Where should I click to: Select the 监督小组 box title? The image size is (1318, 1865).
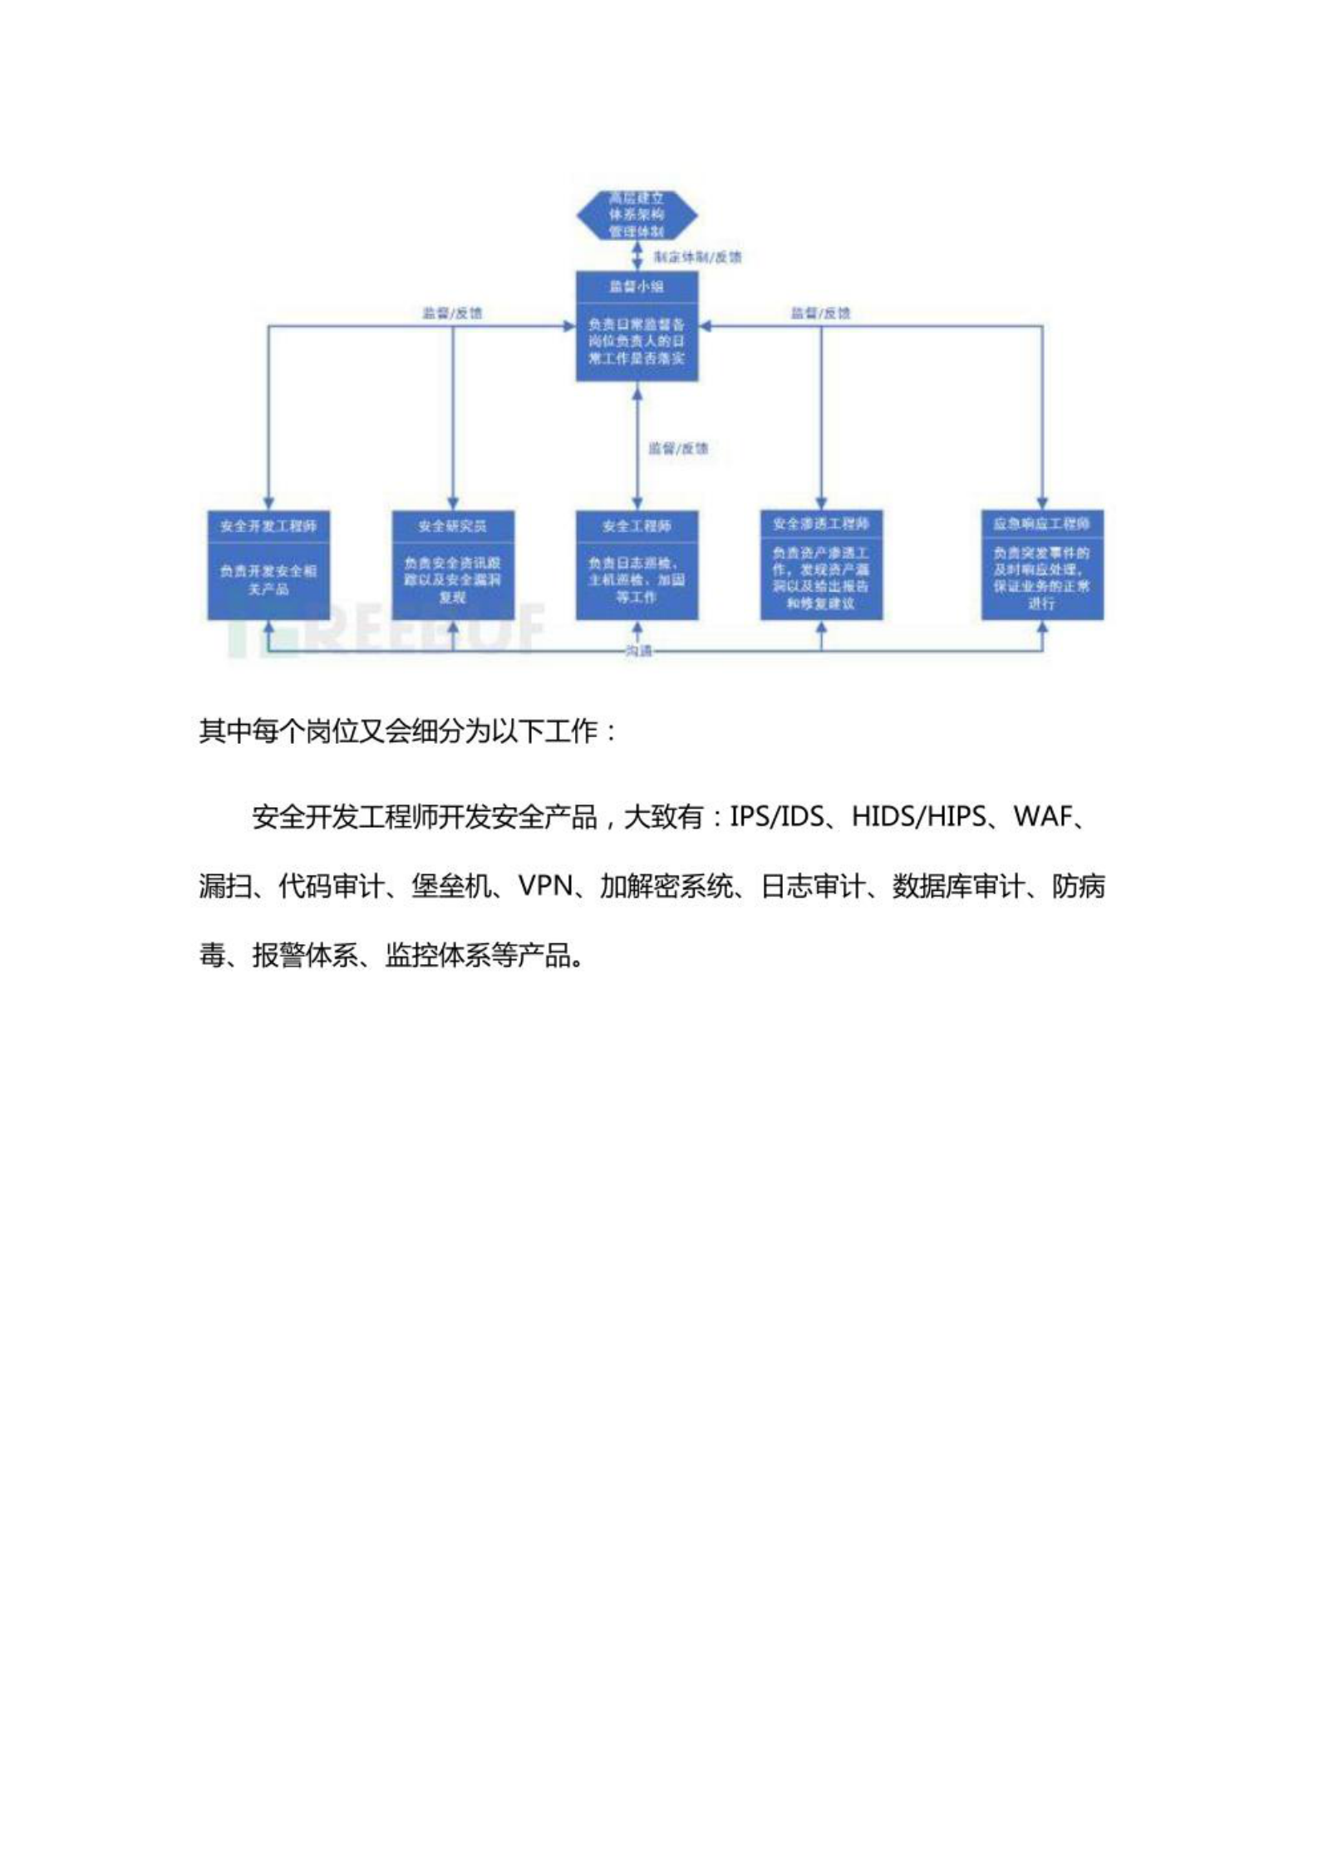637,287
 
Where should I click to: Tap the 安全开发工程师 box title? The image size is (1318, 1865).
268,527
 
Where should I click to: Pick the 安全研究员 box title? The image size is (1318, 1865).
453,527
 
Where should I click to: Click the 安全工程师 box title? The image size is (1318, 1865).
637,527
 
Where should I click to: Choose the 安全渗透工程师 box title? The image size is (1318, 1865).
821,524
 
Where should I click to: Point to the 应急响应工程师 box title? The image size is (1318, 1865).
1042,524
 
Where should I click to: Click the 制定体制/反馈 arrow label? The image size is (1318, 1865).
697,258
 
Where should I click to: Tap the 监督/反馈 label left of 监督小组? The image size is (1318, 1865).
452,313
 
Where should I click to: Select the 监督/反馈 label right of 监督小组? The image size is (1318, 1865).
821,313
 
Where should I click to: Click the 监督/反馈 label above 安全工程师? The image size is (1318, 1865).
678,449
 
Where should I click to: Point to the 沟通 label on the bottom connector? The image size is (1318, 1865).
638,652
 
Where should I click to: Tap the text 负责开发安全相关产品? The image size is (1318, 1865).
268,579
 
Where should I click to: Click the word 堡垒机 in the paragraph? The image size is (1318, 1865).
450,887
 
